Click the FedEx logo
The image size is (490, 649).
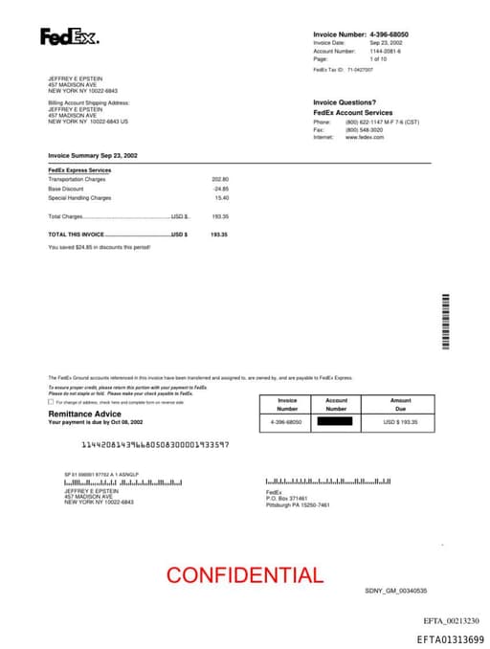(69, 37)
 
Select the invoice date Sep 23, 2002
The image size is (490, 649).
(386, 43)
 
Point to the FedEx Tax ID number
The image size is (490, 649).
(360, 70)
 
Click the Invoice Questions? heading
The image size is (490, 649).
(345, 101)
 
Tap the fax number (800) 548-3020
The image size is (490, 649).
(366, 129)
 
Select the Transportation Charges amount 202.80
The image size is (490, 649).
(220, 179)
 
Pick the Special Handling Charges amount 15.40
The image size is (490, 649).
(222, 197)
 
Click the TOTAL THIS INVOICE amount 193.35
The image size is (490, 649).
(219, 234)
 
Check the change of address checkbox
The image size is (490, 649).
(51, 402)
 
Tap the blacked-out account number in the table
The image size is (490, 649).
(336, 421)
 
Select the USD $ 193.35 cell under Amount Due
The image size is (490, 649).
(401, 421)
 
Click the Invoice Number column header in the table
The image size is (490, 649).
(287, 405)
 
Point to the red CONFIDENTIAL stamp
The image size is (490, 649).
(245, 575)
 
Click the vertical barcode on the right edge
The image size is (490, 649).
(445, 322)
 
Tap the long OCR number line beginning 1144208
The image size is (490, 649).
(154, 445)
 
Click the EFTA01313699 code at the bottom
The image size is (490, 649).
(450, 639)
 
